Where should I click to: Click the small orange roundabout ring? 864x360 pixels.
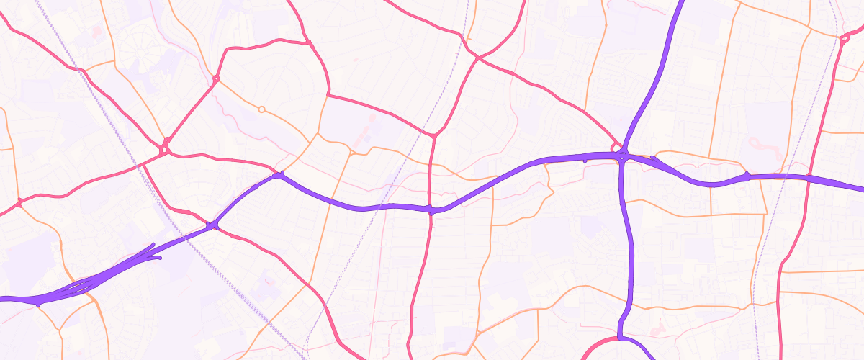[261, 109]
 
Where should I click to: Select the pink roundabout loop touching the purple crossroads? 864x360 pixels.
[616, 148]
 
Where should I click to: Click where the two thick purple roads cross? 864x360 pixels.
[624, 157]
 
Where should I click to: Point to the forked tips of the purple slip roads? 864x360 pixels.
[153, 248]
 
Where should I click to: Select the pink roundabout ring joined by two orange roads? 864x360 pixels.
[215, 78]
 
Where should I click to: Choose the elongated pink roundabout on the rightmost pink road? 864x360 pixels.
[844, 40]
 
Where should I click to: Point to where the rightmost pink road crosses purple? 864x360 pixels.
[809, 178]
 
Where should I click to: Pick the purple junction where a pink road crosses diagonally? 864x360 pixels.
[212, 226]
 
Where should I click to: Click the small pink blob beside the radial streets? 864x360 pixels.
[96, 32]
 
